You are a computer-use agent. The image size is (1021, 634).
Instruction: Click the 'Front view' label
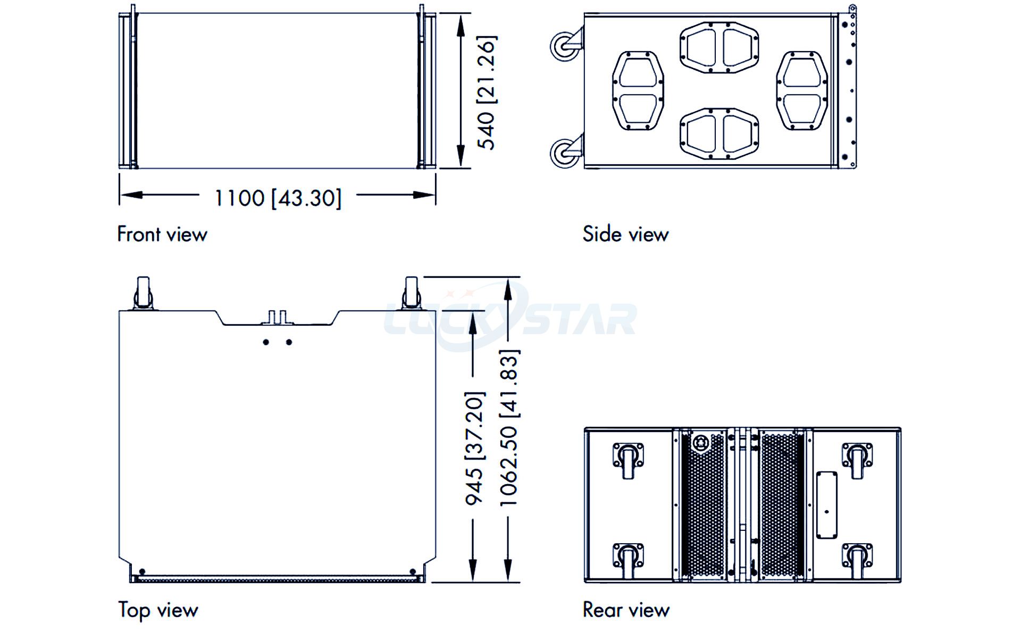point(162,234)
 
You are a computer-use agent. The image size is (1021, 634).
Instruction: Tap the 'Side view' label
point(625,234)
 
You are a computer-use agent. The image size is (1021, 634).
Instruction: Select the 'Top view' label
point(158,610)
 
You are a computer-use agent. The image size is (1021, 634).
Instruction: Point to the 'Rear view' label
point(626,610)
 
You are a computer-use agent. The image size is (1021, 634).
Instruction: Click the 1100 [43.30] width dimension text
point(278,198)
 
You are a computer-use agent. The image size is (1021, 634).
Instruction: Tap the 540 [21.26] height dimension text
point(486,92)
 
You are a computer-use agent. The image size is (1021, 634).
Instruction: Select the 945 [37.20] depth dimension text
point(474,448)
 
